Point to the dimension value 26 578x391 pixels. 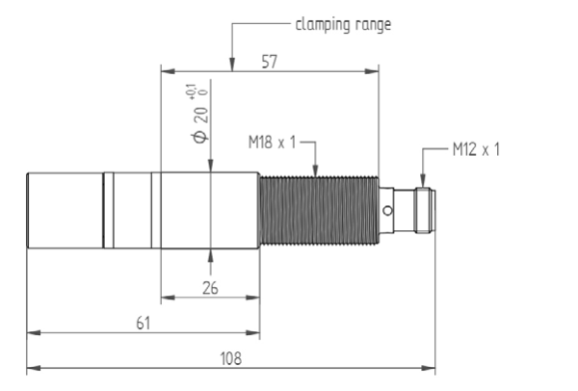click(x=210, y=286)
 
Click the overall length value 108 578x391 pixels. click(x=231, y=356)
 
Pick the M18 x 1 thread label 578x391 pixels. click(x=274, y=143)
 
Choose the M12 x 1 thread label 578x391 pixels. click(x=477, y=150)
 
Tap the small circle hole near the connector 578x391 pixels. click(x=387, y=211)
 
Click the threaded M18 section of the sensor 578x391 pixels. click(x=318, y=210)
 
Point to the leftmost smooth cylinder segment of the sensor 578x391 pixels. click(x=65, y=210)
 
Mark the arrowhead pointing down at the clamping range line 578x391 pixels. click(x=232, y=65)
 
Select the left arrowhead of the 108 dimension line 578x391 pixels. click(x=31, y=368)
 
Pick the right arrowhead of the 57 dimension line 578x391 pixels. click(x=374, y=71)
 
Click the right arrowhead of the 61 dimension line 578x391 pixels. click(x=255, y=333)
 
